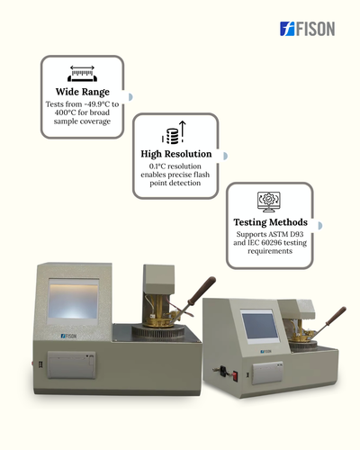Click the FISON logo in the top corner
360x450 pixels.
307,29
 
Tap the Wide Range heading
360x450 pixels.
83,92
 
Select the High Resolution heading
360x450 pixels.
176,154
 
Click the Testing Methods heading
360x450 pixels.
270,222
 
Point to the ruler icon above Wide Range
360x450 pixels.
82,74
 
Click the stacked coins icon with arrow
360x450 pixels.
174,132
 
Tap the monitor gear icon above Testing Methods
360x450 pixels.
269,202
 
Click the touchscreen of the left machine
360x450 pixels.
73,301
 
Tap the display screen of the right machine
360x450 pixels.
260,326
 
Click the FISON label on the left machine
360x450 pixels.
68,336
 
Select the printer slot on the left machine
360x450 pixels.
71,365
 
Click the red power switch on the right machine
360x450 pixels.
235,376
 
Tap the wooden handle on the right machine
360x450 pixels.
336,317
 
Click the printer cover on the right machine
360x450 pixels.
267,373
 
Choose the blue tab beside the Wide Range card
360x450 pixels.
130,97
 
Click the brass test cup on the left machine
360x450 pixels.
157,322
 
